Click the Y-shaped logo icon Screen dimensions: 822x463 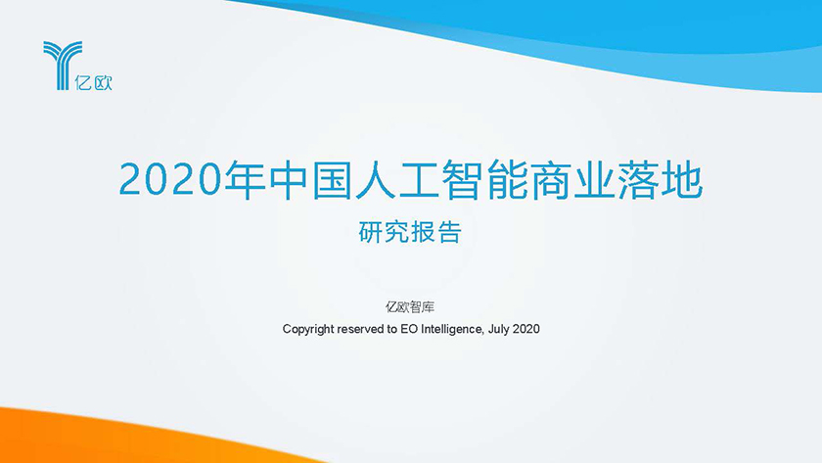(63, 66)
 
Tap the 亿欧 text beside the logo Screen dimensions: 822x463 (93, 82)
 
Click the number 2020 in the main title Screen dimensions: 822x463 (170, 180)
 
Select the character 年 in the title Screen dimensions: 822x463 (244, 180)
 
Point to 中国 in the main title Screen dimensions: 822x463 (310, 180)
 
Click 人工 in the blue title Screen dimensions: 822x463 (397, 180)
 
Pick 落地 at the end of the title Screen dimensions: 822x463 (660, 180)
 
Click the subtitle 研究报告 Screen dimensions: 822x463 (410, 232)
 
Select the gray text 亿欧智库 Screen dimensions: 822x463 (410, 306)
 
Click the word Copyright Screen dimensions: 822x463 (308, 329)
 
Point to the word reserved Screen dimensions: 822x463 (361, 329)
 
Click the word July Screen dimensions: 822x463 (498, 329)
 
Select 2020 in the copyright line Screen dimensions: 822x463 (525, 329)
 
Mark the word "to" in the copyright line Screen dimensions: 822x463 (392, 329)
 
